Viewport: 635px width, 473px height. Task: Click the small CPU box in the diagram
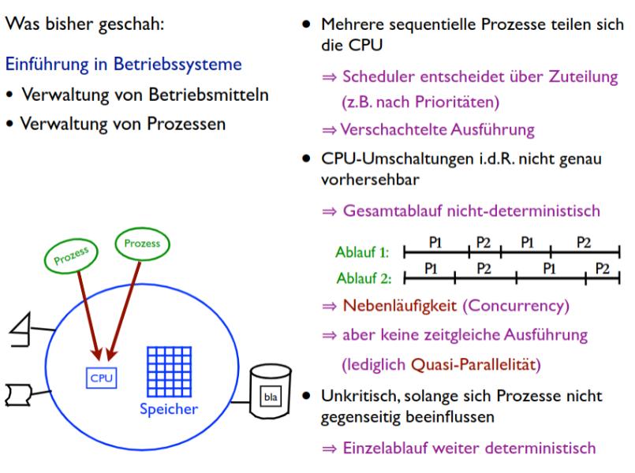pyautogui.click(x=101, y=378)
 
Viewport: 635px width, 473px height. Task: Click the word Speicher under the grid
pyautogui.click(x=170, y=410)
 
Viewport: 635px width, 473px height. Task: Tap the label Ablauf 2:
pyautogui.click(x=363, y=278)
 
